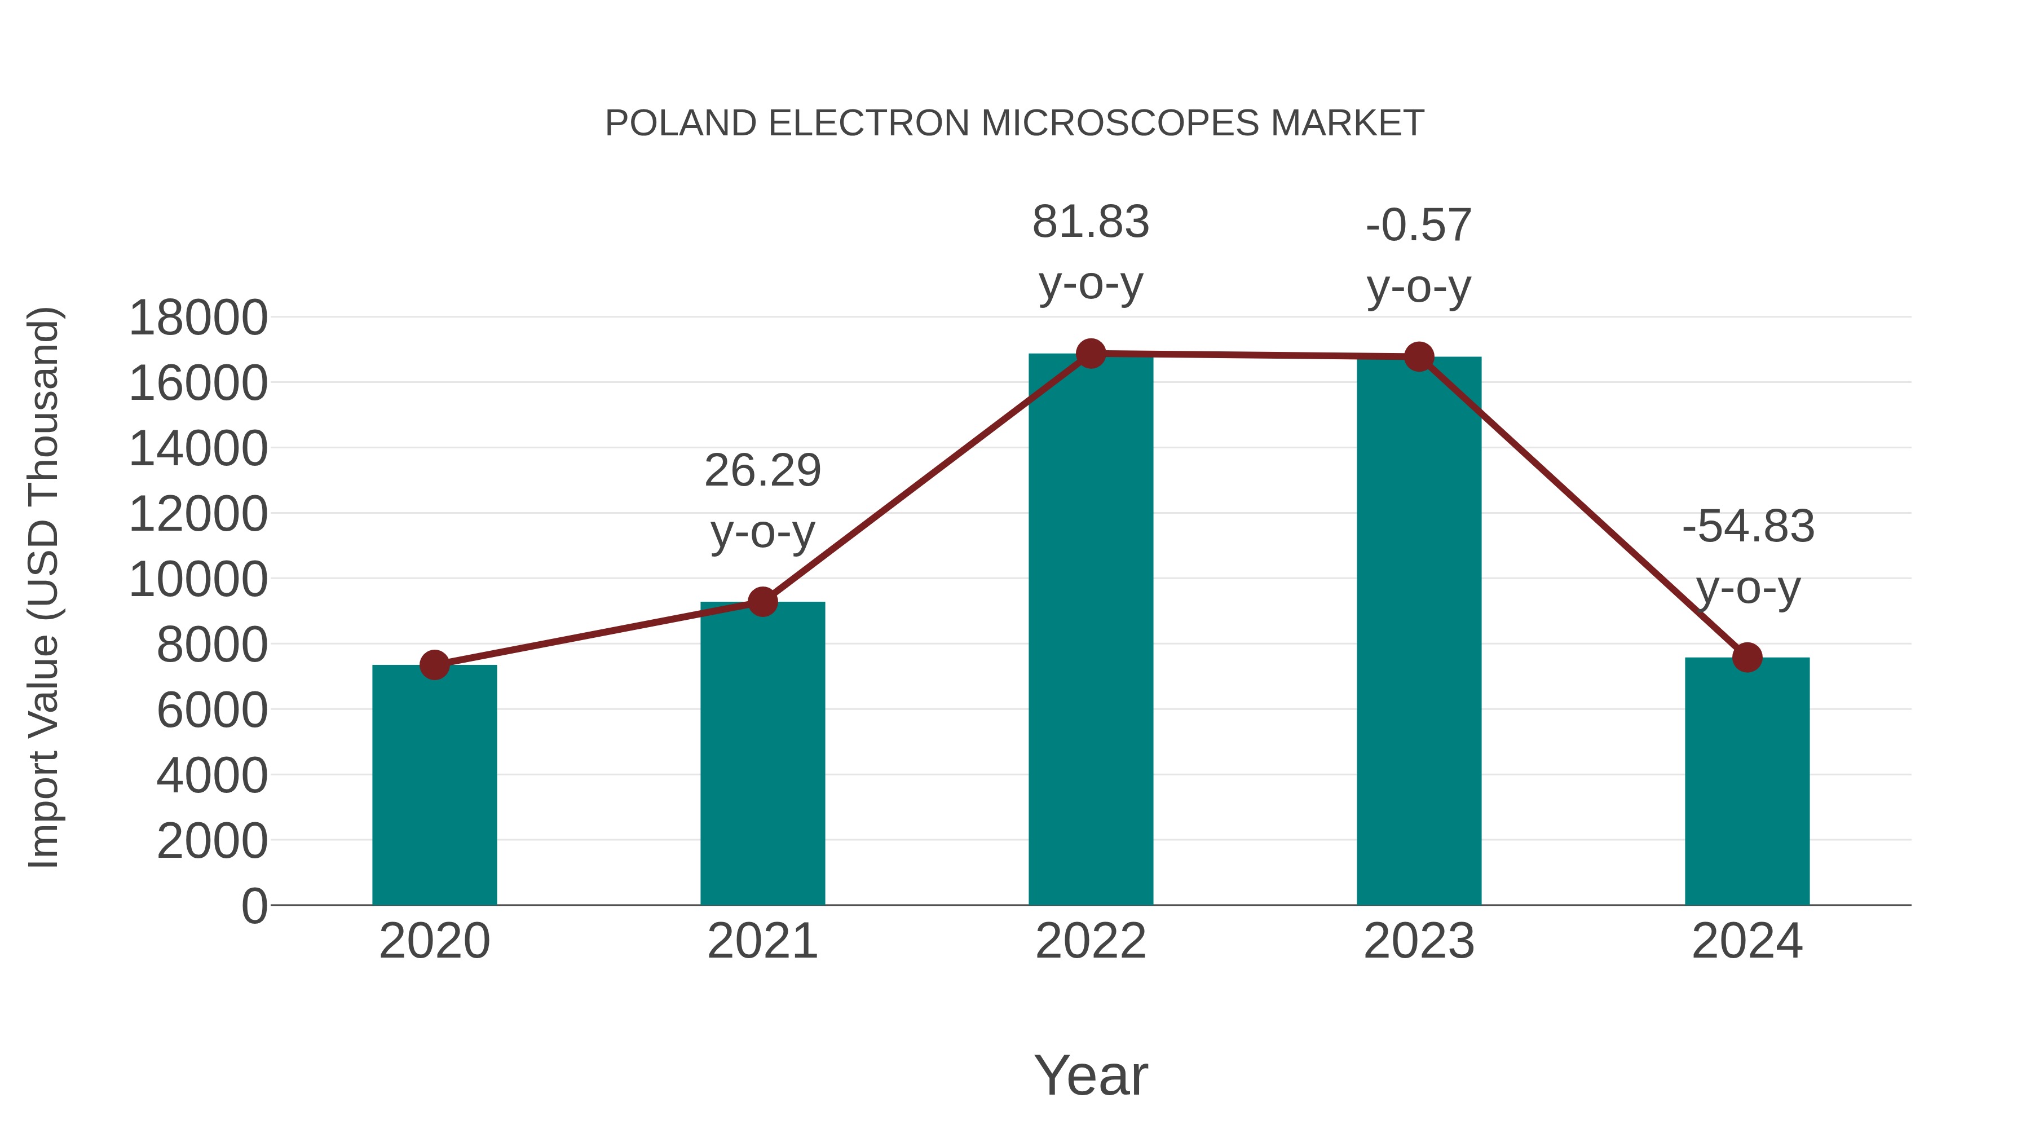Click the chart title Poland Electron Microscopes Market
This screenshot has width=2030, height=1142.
1014,124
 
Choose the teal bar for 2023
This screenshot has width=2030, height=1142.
1419,630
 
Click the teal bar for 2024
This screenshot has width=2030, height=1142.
1747,781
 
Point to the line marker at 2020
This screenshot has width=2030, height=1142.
434,665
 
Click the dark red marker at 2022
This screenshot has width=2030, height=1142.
1091,354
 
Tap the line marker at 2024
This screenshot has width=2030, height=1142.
1747,658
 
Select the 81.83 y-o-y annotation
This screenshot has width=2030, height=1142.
1091,252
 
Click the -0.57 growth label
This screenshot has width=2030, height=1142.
1419,255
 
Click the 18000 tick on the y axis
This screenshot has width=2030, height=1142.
198,319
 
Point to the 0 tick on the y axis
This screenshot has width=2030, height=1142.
254,906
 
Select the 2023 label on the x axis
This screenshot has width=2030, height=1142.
1419,941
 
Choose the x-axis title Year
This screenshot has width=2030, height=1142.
1091,1075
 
